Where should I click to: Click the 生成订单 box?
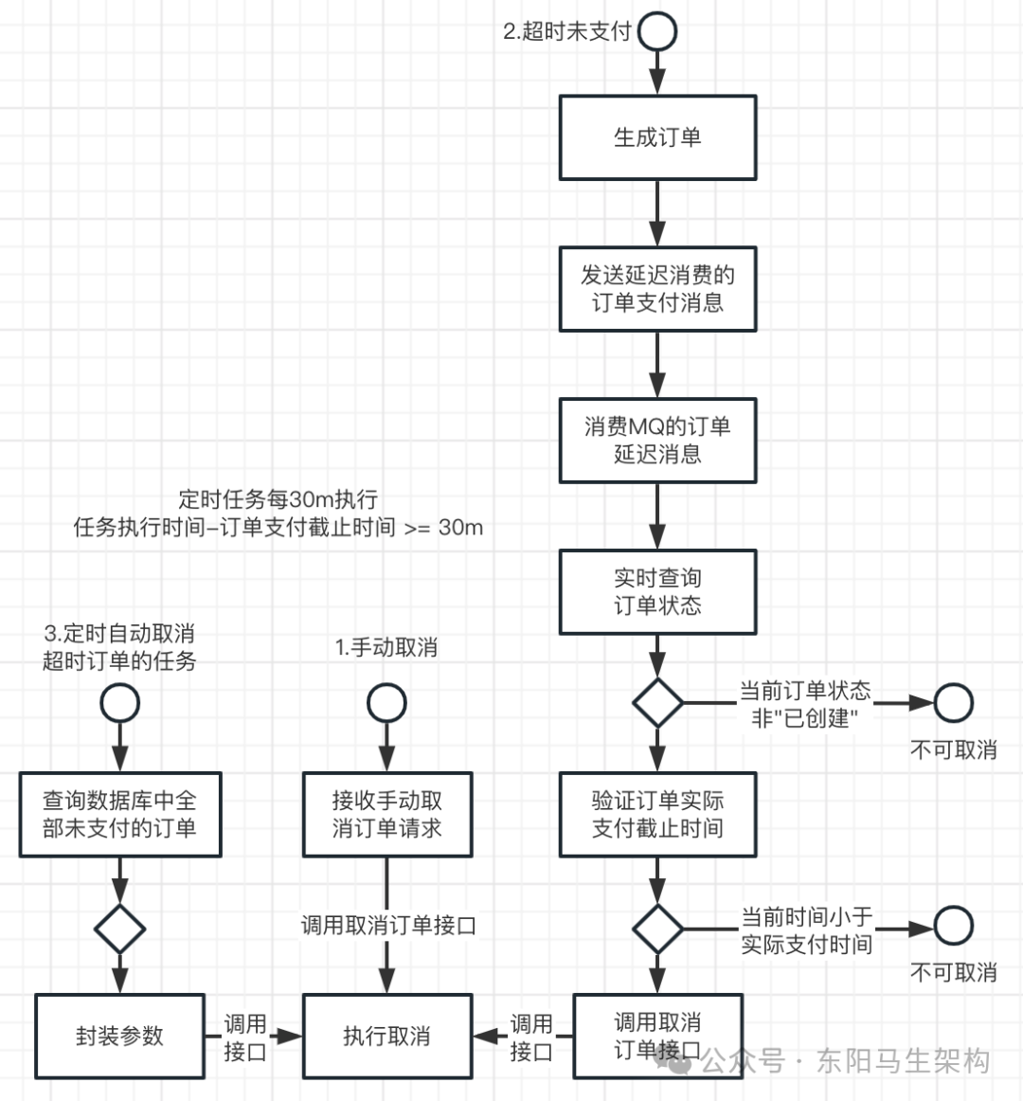(657, 137)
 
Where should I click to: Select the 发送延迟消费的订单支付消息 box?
(657, 289)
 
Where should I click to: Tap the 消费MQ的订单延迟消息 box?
(657, 441)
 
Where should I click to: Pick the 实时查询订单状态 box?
(657, 591)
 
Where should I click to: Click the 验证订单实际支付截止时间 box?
(657, 815)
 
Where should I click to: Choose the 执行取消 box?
(386, 1036)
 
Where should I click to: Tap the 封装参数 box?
(119, 1036)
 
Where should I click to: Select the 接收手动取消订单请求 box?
(386, 815)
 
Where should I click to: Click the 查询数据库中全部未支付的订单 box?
(119, 815)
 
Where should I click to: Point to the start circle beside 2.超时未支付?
(657, 31)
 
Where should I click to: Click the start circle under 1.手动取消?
(386, 703)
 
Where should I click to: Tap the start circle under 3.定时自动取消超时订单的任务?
(119, 703)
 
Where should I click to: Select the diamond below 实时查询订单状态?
(657, 703)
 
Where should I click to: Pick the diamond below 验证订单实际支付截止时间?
(657, 929)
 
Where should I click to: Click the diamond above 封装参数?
(119, 929)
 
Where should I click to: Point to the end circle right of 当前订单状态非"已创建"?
(953, 703)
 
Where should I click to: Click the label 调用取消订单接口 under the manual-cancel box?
(388, 925)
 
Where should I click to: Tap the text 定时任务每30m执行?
(278, 499)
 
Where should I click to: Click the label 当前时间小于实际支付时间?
(806, 930)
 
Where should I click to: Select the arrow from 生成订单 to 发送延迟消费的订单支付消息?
(657, 213)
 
